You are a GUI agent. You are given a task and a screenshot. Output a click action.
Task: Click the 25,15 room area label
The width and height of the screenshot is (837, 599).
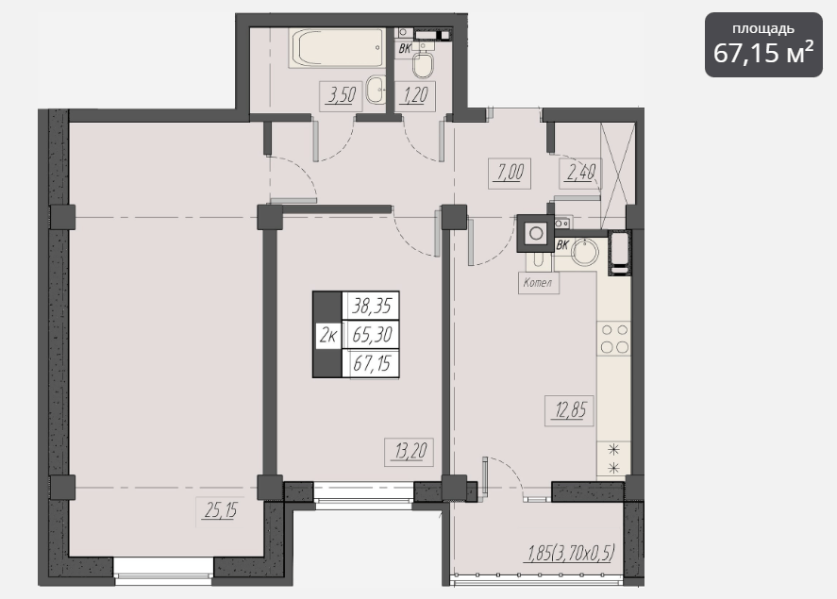221,511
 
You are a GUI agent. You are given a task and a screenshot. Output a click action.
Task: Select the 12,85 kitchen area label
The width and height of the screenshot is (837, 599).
570,410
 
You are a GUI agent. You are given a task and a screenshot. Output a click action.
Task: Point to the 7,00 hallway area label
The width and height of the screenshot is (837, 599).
510,173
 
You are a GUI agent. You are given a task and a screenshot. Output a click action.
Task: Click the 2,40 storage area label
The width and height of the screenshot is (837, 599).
580,173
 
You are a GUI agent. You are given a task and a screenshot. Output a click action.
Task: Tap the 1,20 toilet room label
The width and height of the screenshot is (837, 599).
415,96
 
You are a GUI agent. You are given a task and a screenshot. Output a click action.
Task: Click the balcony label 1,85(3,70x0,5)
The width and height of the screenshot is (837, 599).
571,553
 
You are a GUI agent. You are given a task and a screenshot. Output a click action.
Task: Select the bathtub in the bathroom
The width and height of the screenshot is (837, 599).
337,48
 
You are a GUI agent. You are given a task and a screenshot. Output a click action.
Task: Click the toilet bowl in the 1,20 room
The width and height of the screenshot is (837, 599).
424,63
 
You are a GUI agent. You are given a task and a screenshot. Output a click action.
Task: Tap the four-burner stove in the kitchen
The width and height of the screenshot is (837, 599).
614,339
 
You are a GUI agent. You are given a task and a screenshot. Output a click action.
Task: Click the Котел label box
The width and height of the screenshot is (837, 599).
539,283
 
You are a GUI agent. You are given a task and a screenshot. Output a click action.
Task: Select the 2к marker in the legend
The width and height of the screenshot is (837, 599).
328,336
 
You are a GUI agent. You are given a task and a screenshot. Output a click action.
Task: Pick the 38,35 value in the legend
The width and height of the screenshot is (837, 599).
372,306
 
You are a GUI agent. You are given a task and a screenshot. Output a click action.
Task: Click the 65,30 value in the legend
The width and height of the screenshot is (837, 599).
372,335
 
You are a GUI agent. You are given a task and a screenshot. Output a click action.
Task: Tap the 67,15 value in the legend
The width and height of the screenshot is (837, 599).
372,364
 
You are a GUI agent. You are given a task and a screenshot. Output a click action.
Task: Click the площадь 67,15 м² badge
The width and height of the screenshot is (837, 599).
763,44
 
